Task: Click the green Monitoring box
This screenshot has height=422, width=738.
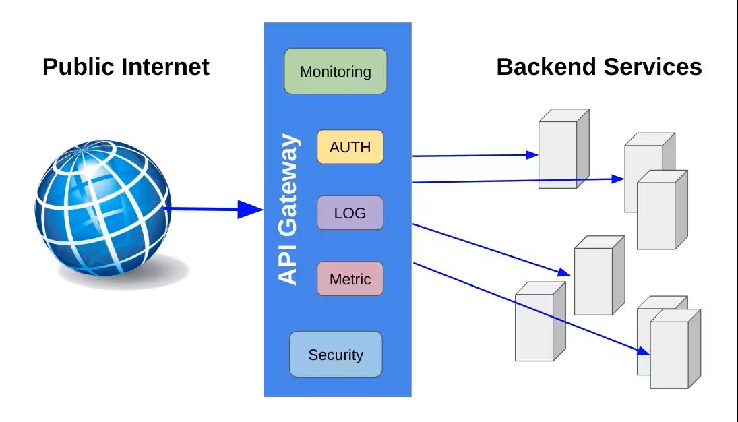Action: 335,71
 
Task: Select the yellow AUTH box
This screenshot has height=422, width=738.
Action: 350,147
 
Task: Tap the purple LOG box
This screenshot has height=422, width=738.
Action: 350,213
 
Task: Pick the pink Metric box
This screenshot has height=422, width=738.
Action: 350,278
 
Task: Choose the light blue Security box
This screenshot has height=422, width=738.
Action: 336,354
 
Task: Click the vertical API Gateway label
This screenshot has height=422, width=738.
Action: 288,210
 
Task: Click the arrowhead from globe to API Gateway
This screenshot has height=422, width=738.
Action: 251,210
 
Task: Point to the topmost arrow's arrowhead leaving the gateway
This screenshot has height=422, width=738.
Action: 532,154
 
